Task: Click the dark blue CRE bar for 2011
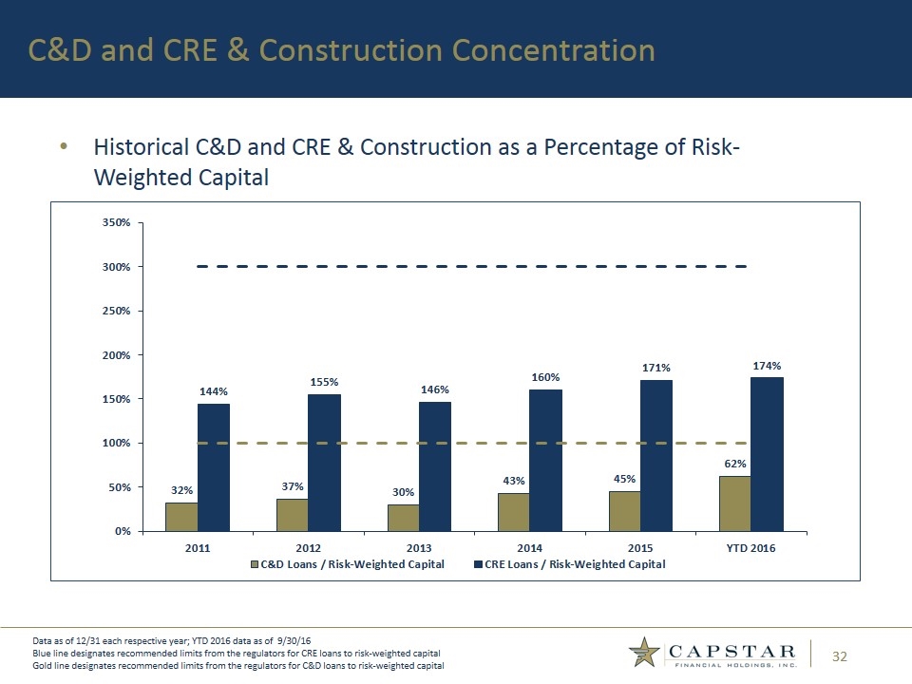tap(214, 467)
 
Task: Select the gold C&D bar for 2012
tap(292, 514)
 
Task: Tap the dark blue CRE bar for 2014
tap(546, 460)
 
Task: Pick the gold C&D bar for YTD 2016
tap(734, 503)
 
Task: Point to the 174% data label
tap(767, 365)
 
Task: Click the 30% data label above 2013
tap(403, 492)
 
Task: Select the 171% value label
tap(656, 368)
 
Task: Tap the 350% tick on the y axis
tap(116, 222)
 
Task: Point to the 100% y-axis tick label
tap(116, 443)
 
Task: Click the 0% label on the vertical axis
tap(123, 531)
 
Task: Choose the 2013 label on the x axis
tap(419, 548)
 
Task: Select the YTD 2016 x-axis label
tap(750, 548)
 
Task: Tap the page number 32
tap(840, 655)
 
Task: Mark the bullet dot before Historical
tap(64, 147)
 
